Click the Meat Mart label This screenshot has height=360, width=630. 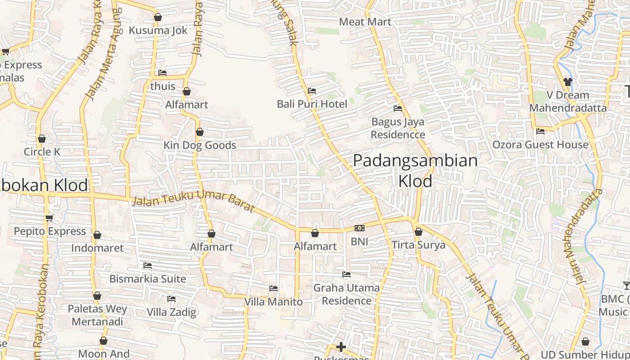(x=365, y=22)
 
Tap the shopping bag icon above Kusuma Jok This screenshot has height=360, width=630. (x=157, y=18)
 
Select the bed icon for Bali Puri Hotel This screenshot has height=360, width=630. (x=311, y=91)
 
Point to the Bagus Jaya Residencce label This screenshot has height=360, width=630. (x=397, y=128)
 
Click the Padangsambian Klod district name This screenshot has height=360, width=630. (x=415, y=171)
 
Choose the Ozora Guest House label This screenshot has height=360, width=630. (x=540, y=144)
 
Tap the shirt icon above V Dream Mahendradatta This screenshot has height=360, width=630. (x=567, y=82)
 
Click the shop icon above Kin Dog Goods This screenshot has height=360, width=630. (x=199, y=132)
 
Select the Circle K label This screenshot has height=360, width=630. (x=42, y=152)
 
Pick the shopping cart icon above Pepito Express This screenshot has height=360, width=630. (x=49, y=218)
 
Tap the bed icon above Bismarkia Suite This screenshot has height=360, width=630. (x=147, y=265)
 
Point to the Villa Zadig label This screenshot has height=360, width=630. (x=171, y=312)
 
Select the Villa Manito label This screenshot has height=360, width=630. (x=273, y=301)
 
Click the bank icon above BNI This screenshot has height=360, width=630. (x=359, y=228)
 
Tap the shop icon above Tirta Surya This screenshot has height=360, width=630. (x=418, y=232)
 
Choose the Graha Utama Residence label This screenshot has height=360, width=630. (x=346, y=294)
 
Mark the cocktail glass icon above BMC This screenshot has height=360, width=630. (x=626, y=285)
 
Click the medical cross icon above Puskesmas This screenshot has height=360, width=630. (x=341, y=347)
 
